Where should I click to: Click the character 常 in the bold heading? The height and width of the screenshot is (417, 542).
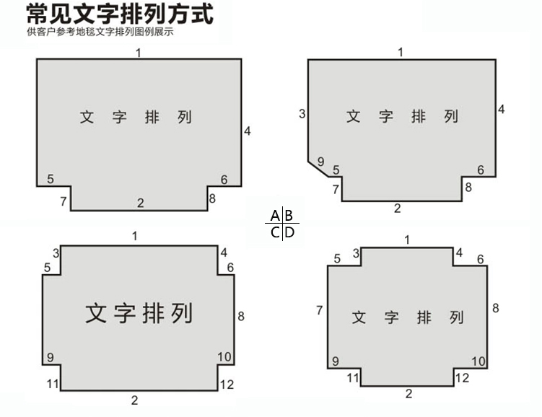point(38,14)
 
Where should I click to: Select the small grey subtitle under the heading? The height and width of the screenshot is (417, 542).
point(100,32)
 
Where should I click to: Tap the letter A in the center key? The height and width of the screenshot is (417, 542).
point(275,216)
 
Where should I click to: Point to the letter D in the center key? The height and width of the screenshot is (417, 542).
point(289,232)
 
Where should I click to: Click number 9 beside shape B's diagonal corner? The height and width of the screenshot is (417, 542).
point(320,162)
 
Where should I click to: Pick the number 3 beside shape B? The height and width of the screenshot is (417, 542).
point(302,114)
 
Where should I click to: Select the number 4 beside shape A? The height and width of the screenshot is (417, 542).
point(247,131)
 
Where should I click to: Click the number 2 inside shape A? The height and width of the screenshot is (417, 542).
point(140,203)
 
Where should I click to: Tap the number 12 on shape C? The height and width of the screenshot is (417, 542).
point(227,385)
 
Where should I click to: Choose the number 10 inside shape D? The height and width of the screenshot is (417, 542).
point(478,361)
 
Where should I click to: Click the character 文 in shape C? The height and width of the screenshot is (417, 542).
point(96,313)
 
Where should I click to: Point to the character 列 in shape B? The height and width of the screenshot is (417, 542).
point(451,116)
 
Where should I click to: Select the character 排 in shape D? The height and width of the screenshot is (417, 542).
point(424,317)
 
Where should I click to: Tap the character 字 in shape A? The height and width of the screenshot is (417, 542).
point(119,117)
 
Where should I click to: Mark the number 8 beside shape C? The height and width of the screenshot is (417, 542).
point(241,316)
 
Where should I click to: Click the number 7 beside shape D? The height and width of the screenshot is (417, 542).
point(320,310)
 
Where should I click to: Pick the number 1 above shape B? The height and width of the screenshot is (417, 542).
point(401,52)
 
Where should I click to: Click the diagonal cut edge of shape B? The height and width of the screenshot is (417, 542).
point(318,169)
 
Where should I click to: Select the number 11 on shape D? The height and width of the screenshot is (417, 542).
point(353,377)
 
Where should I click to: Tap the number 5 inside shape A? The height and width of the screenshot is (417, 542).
point(51,179)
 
